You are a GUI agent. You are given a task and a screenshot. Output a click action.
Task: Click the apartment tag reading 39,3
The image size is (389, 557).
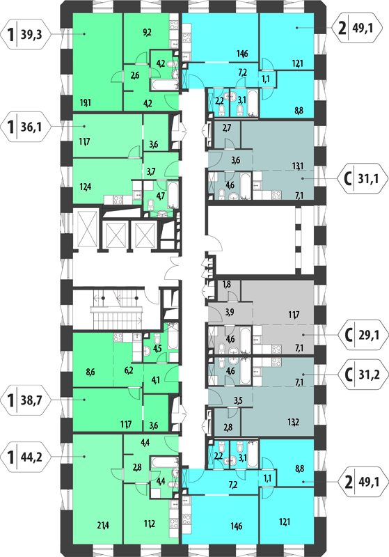(26, 34)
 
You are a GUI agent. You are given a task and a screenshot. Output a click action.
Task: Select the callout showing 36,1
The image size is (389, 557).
(26, 127)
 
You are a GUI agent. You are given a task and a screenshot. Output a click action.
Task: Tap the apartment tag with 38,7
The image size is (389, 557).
(26, 400)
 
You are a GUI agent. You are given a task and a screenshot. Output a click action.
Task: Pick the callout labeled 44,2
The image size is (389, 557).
(26, 457)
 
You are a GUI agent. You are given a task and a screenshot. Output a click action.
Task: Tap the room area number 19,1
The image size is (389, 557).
(85, 102)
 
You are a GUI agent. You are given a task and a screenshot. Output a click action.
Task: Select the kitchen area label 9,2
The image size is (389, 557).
(147, 33)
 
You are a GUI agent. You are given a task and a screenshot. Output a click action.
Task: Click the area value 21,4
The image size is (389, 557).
(103, 525)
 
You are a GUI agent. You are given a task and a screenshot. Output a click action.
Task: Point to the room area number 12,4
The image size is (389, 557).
(85, 186)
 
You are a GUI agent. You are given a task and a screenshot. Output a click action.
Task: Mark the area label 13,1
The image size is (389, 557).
(297, 166)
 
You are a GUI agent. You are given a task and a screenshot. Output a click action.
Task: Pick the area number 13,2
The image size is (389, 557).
(293, 422)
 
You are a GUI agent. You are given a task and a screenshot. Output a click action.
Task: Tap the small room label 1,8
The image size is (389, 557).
(227, 284)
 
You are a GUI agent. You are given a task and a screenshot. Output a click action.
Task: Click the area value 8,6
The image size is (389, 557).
(90, 372)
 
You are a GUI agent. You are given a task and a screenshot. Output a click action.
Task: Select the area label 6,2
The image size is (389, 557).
(129, 370)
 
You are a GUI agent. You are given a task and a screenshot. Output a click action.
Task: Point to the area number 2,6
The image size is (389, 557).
(135, 75)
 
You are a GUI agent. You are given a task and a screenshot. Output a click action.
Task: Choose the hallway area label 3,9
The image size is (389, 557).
(230, 312)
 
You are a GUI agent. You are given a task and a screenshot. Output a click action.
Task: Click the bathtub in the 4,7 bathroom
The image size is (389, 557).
(173, 195)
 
